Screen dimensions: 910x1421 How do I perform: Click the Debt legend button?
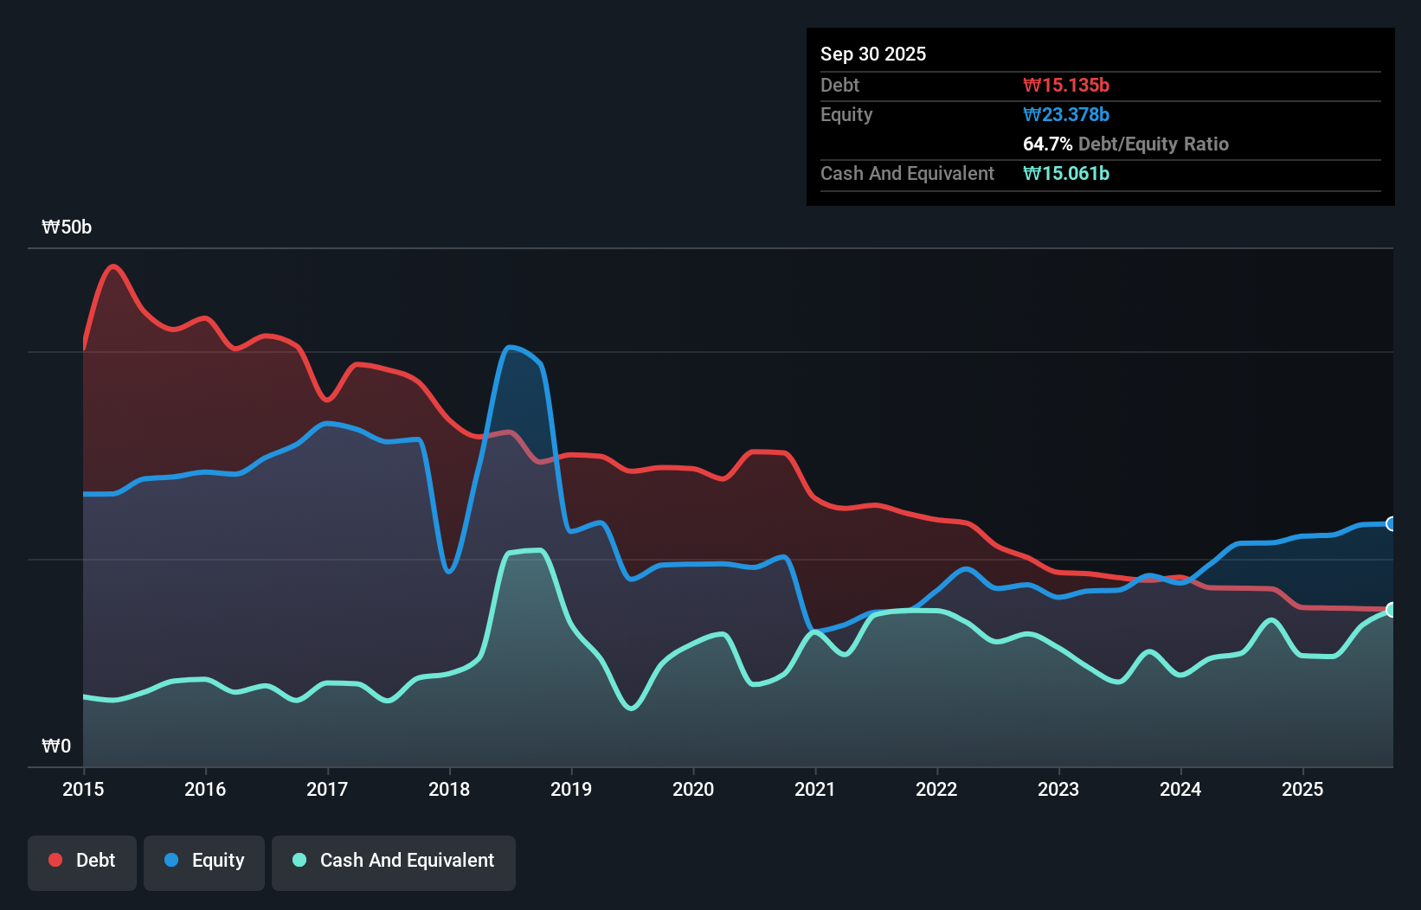click(82, 861)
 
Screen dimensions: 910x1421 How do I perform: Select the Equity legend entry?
click(204, 861)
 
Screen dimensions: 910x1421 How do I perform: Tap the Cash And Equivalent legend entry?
click(394, 861)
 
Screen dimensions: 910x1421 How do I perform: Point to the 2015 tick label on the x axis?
click(83, 789)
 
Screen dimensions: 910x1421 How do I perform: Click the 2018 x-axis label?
click(449, 789)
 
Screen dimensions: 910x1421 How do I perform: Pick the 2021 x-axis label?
click(815, 789)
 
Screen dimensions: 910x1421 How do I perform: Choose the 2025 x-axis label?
click(1302, 789)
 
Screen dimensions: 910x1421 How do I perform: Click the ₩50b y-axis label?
click(67, 227)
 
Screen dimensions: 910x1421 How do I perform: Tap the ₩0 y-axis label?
click(56, 746)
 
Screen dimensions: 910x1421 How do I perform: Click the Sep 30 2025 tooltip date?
click(872, 54)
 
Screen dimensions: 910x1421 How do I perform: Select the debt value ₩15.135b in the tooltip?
click(1065, 85)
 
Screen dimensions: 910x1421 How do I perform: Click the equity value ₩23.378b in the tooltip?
click(1065, 114)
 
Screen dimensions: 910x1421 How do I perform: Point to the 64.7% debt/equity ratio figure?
click(1047, 144)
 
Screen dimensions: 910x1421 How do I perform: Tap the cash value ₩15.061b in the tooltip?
click(1065, 173)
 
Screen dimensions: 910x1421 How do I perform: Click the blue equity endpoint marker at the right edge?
click(1392, 523)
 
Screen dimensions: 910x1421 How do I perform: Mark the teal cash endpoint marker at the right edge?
click(1392, 610)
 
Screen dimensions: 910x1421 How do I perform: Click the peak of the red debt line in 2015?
click(113, 266)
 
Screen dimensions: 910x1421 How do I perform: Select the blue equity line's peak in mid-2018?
click(510, 347)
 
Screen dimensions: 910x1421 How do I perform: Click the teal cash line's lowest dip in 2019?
click(632, 708)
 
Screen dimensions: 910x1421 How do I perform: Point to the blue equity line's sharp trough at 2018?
click(448, 571)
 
